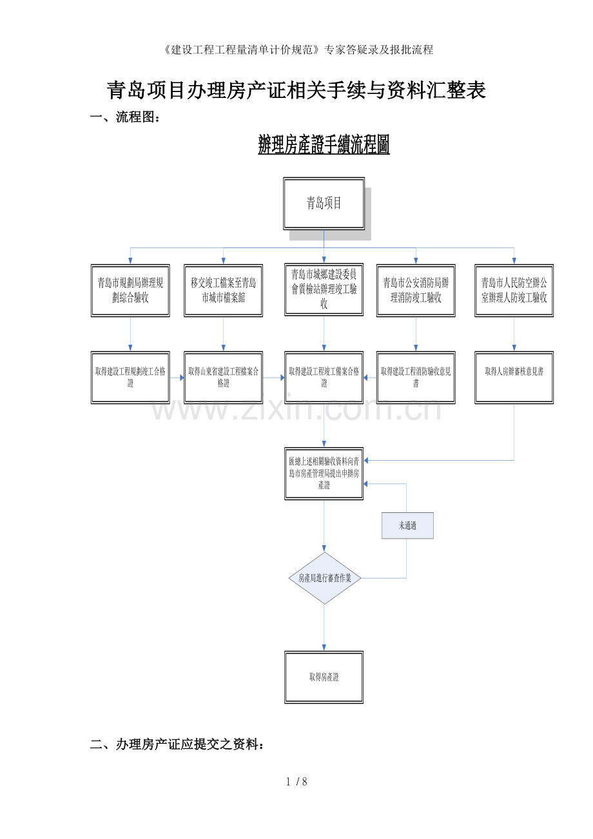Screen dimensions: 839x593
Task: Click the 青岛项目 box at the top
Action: coord(324,204)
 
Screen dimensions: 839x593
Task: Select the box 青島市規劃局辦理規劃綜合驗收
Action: coord(130,290)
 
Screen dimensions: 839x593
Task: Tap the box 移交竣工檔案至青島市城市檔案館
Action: coord(223,290)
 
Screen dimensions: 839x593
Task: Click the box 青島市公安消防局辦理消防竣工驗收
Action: coord(416,290)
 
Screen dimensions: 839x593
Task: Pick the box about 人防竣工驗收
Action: coord(514,290)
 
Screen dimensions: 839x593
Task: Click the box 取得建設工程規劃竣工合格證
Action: coord(130,378)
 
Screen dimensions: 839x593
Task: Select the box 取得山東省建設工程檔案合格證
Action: coord(223,378)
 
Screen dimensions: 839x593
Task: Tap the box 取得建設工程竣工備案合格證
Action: coord(324,378)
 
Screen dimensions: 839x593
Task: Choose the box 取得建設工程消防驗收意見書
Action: coord(416,378)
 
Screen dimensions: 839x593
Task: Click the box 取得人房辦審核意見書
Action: coord(514,378)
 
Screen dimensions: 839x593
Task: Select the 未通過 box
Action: coord(407,526)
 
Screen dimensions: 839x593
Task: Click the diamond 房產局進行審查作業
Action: coord(324,578)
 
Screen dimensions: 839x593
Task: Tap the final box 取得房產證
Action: coord(324,677)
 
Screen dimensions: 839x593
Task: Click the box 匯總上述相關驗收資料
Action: coord(324,473)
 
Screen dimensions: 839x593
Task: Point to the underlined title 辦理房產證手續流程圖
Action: coord(324,145)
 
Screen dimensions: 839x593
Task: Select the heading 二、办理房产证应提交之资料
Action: coord(177,745)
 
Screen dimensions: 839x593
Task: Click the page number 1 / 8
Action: coord(296,782)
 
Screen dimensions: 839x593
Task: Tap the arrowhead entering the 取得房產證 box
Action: coord(324,648)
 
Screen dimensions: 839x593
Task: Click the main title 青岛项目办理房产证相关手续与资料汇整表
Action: coord(296,90)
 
